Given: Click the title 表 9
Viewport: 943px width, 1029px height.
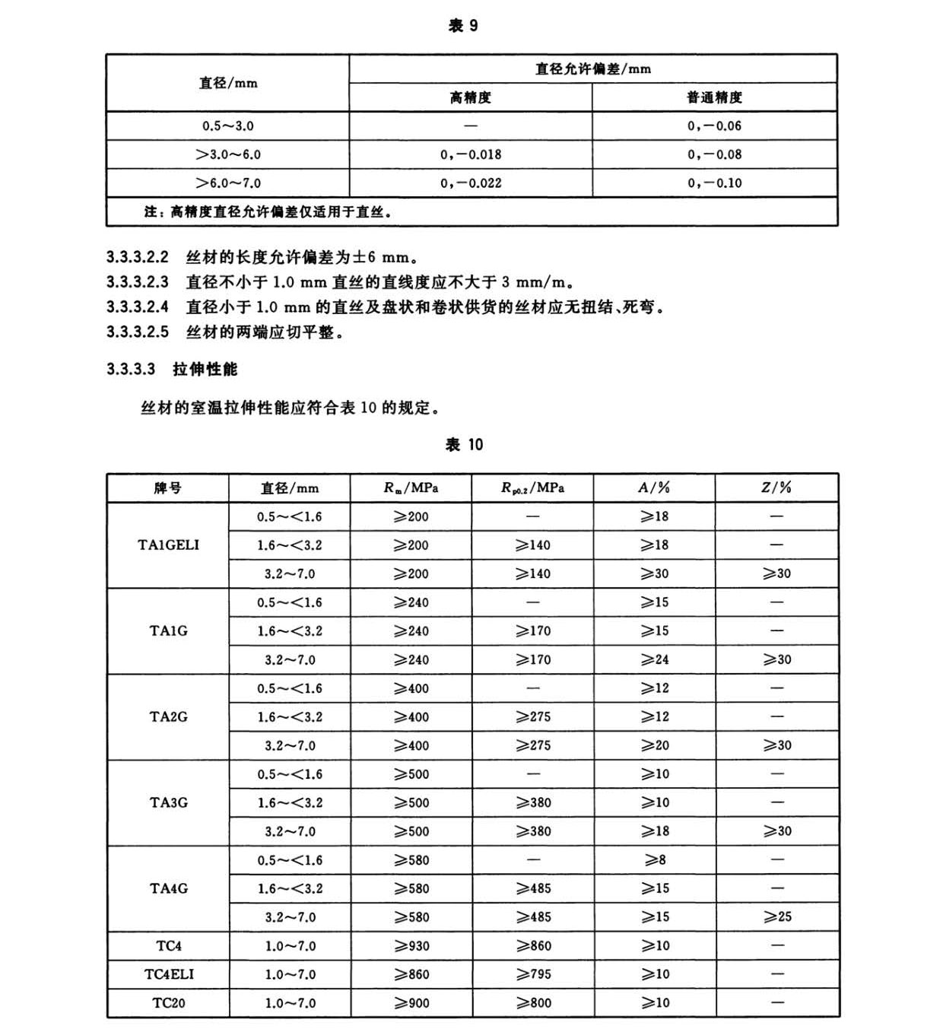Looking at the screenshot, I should tap(463, 26).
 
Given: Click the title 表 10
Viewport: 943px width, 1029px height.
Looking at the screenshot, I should tap(464, 445).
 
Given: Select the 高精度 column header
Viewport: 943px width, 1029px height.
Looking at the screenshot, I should tap(470, 97).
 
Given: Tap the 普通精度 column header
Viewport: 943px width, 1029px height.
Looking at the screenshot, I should tap(714, 97).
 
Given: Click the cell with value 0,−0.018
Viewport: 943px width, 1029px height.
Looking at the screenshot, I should tap(471, 154).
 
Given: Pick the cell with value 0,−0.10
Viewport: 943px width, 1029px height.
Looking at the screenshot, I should tap(714, 183).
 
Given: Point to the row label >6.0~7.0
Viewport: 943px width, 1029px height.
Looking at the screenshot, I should tap(228, 183).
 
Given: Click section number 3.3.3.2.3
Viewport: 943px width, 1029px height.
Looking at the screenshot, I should tap(138, 282).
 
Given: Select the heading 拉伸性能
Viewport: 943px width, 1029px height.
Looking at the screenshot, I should tap(205, 370).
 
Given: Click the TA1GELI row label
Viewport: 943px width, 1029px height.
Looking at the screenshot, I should tap(168, 545).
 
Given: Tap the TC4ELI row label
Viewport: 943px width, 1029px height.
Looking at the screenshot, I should tap(169, 974).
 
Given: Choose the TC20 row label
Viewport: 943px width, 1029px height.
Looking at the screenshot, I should tap(169, 1003).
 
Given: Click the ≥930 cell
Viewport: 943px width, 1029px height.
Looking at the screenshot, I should tap(411, 946).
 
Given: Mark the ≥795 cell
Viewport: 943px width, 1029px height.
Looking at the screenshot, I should tap(533, 974).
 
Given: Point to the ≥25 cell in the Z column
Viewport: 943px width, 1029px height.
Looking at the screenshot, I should tap(777, 917).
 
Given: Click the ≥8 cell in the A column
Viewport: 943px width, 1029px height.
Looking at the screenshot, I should tap(655, 860).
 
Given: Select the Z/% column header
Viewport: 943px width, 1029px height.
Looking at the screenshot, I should tap(776, 488).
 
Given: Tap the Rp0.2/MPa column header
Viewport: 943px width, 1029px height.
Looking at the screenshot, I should tap(532, 488).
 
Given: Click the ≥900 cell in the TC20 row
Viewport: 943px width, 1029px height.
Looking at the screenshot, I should tap(411, 1003).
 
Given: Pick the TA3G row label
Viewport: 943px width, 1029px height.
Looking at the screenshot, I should tap(169, 803).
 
